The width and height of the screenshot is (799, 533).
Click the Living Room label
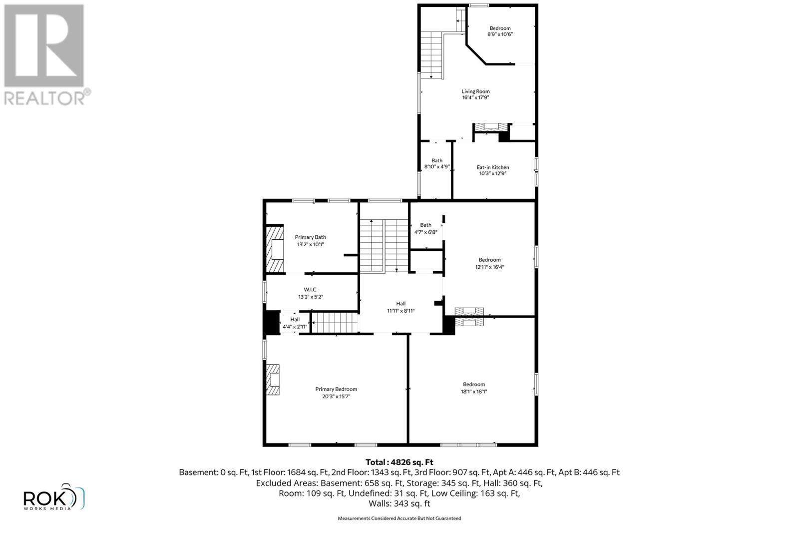tap(475, 91)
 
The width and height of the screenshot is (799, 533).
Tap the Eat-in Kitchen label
tap(492, 167)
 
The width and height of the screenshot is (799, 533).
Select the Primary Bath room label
tap(310, 237)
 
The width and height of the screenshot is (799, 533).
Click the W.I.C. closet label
tap(310, 290)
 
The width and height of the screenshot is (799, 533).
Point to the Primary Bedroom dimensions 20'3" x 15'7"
tap(336, 397)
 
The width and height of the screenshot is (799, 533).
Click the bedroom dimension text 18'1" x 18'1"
tap(473, 392)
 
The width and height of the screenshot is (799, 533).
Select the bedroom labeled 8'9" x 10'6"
tap(500, 31)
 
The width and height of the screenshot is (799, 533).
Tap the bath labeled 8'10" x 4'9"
tap(437, 164)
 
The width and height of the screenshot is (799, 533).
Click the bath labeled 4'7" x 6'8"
tap(425, 228)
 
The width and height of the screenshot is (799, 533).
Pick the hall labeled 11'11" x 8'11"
tap(400, 307)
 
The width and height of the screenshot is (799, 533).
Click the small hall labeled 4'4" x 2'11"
tap(295, 323)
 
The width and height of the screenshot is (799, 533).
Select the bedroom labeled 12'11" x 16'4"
tap(489, 263)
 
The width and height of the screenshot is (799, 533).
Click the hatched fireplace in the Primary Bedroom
tap(273, 380)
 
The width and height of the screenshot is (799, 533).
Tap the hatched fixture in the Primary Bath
tap(274, 249)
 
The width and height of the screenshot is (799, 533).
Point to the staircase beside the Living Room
tap(431, 55)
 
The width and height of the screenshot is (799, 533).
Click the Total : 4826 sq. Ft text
tap(399, 462)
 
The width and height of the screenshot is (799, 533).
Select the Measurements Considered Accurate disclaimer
tap(399, 519)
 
